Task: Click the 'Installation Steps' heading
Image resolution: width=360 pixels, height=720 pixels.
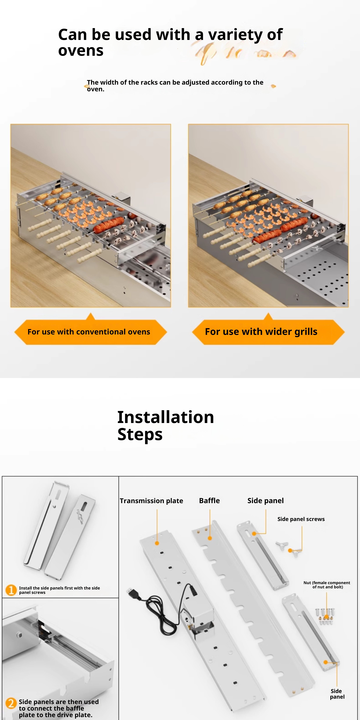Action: point(165,425)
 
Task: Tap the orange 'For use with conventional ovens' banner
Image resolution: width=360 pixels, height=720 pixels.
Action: point(90,332)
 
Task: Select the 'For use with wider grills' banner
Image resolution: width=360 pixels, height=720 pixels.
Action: point(268,332)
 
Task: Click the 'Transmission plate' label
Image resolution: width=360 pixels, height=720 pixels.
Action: point(152,501)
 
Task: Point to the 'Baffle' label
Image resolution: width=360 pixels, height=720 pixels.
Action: point(209,501)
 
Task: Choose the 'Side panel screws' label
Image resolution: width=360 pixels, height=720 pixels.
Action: point(301,519)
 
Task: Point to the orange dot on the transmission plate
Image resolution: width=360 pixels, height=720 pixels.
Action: point(157,543)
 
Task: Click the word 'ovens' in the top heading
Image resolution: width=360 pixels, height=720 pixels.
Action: point(81,51)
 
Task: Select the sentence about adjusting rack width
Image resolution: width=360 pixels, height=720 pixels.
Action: point(175,85)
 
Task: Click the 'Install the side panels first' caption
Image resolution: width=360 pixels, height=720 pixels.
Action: point(59,590)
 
